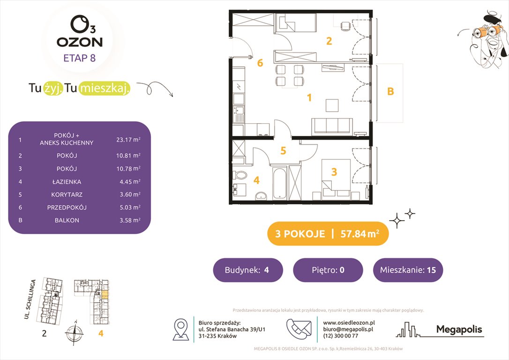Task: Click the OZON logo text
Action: click(80, 42)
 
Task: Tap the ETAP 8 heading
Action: click(80, 59)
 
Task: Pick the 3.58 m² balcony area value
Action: click(128, 220)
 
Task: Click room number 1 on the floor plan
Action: click(309, 97)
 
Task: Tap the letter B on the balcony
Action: click(390, 92)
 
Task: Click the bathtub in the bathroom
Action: click(278, 183)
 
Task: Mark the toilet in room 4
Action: click(241, 176)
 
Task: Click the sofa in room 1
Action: click(332, 126)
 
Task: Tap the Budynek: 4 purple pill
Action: click(248, 270)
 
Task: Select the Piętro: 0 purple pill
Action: click(328, 270)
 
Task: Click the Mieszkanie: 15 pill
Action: click(408, 270)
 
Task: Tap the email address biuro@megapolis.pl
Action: click(346, 329)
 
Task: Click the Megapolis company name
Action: click(459, 330)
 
